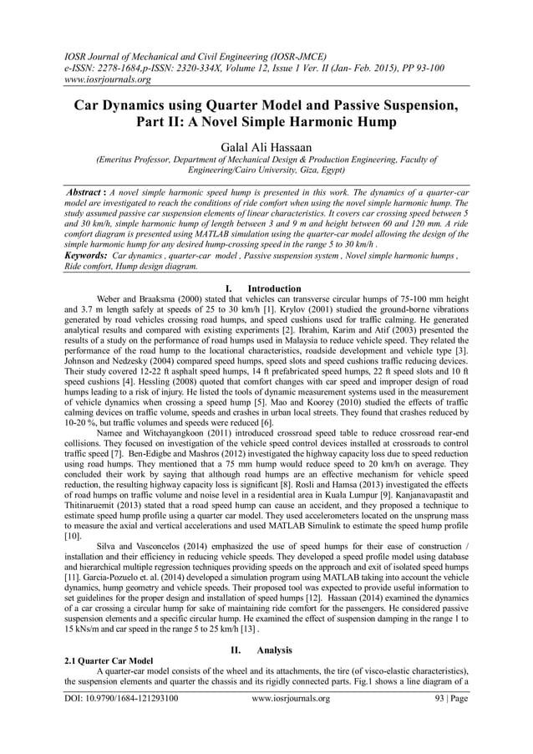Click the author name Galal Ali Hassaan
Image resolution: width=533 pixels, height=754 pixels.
coord(266,148)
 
